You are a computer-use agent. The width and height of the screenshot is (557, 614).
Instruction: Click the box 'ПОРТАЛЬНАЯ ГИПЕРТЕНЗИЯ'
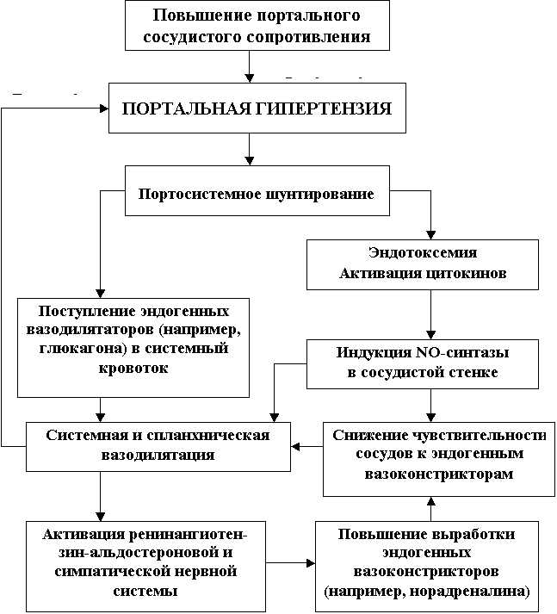[x=257, y=108]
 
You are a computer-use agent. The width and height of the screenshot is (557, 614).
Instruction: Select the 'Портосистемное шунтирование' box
[x=257, y=190]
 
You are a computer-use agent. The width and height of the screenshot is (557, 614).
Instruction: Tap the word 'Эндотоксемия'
[x=423, y=252]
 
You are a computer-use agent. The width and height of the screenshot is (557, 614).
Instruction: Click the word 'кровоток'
[x=133, y=368]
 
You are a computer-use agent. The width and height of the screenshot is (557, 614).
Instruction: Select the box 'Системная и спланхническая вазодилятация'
[x=158, y=446]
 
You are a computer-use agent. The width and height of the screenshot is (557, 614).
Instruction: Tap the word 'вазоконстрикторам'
[x=439, y=474]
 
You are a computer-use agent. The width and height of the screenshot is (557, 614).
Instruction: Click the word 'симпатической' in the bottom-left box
[x=111, y=571]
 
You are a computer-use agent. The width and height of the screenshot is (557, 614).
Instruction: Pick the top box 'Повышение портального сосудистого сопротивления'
[x=257, y=25]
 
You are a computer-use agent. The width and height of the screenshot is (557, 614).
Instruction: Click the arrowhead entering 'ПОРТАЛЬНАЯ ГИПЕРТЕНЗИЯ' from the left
[x=104, y=109]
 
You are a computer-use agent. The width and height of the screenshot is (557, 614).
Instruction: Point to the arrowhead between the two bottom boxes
[x=311, y=563]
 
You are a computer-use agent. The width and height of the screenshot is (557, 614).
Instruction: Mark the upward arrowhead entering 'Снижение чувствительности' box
[x=431, y=501]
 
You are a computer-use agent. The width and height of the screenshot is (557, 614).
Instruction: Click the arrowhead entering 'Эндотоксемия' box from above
[x=431, y=235]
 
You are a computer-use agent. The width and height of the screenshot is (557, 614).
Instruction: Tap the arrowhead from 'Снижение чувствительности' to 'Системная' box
[x=295, y=446]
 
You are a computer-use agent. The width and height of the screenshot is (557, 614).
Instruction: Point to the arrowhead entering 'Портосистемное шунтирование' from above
[x=250, y=161]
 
